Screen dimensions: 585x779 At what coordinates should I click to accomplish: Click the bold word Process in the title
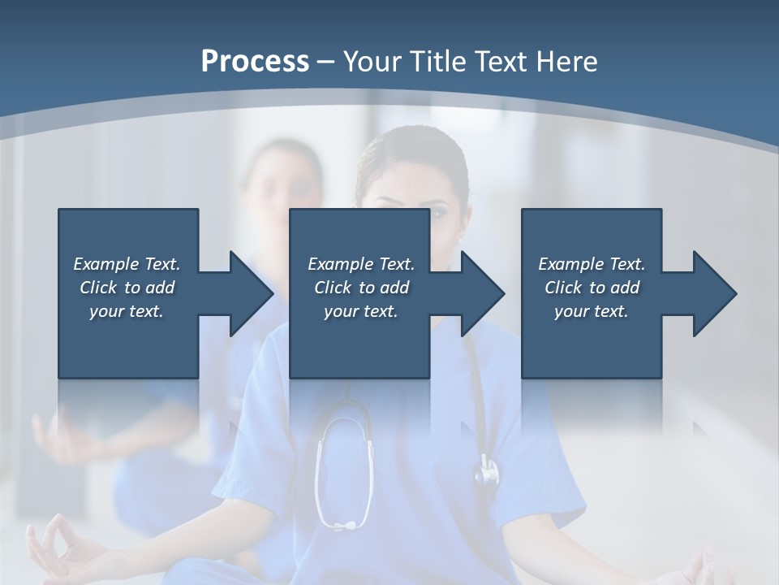pyautogui.click(x=255, y=62)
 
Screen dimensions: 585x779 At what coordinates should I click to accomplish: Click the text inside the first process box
pyautogui.click(x=127, y=288)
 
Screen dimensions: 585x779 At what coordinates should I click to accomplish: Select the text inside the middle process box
pyautogui.click(x=360, y=288)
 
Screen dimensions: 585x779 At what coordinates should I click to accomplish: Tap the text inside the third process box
pyautogui.click(x=591, y=288)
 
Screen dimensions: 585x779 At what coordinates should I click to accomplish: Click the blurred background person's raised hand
pyautogui.click(x=61, y=435)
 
